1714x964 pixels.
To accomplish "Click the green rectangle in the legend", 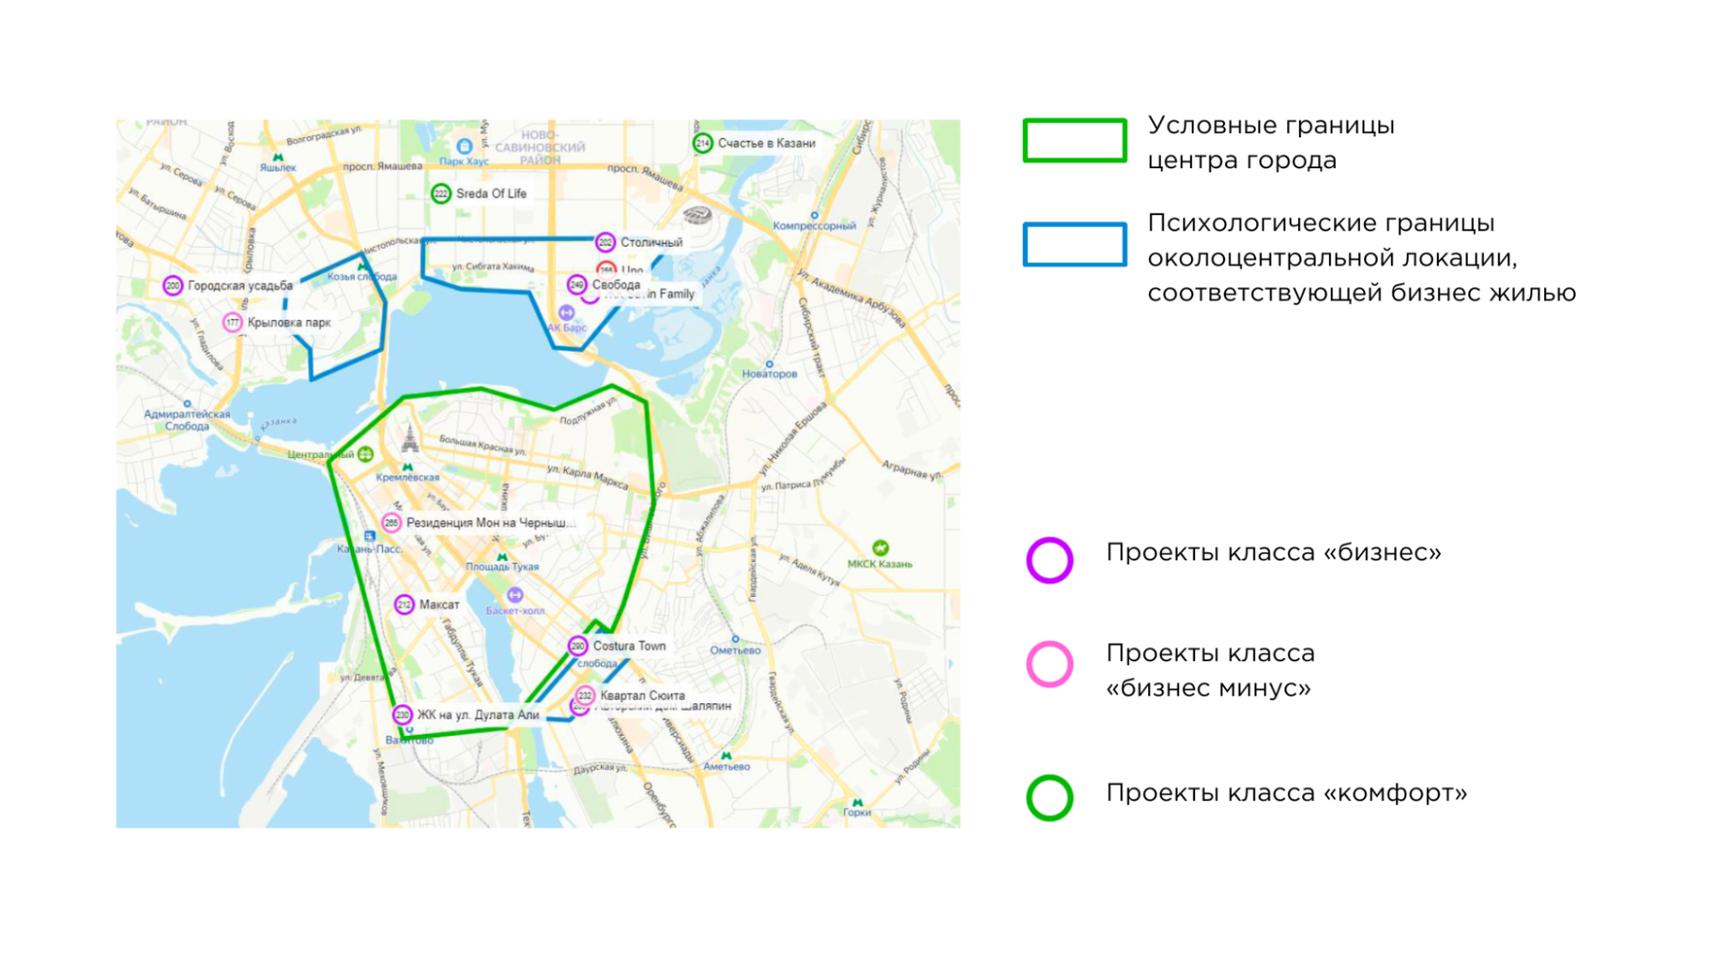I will coord(1074,141).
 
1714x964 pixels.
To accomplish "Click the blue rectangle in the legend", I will coord(1074,244).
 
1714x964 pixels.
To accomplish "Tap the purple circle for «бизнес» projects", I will coord(1049,560).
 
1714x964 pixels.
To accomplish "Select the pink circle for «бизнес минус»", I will coord(1049,664).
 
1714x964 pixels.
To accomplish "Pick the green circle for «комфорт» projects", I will coord(1049,798).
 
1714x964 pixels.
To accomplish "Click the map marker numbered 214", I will coord(702,143).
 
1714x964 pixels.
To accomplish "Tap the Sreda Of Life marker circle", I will coord(441,194).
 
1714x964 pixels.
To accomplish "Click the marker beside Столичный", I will coord(605,243).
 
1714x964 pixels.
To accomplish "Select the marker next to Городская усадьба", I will coord(173,286).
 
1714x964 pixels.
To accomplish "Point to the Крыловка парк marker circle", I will coord(232,322).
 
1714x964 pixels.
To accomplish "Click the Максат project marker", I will coord(404,605).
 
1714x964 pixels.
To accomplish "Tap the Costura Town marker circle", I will coord(578,646).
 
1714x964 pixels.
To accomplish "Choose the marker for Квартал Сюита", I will coord(586,696).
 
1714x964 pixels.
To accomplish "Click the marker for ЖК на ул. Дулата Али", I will coord(402,714).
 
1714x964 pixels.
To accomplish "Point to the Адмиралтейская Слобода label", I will coord(187,419).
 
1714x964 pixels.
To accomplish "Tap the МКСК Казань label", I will coord(880,563).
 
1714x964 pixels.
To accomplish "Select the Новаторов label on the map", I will coord(769,374).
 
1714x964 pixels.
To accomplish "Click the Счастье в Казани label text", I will coord(767,143).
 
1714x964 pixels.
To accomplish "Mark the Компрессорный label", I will coord(815,226).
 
